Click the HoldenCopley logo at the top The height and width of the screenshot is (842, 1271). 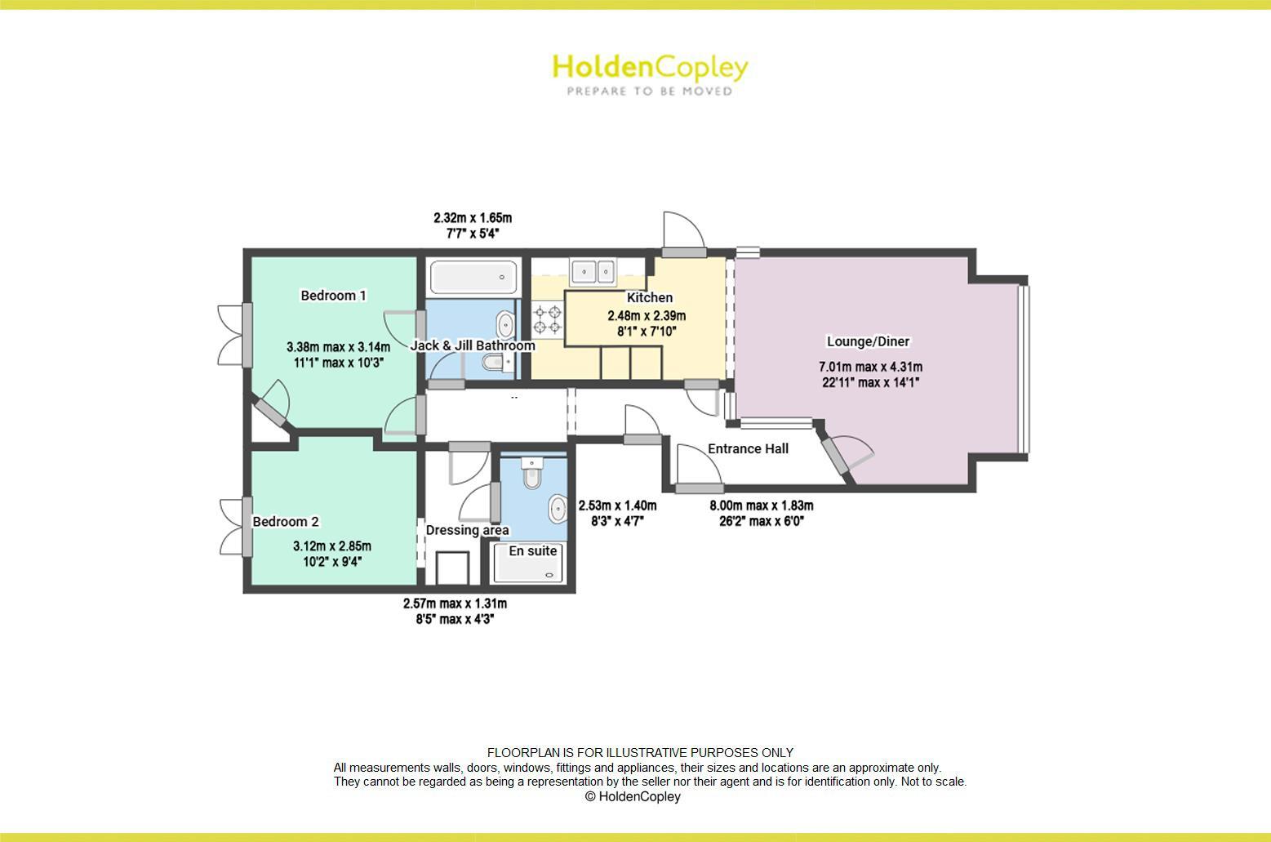(650, 67)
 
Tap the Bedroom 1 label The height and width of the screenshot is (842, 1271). (333, 296)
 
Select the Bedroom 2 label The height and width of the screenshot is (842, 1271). (286, 522)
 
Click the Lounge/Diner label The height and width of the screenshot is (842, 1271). (868, 341)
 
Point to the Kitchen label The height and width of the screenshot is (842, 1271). (650, 298)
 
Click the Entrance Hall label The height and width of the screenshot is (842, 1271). (748, 448)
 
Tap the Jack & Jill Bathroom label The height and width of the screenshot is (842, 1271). (473, 345)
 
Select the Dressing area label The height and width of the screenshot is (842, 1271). (467, 530)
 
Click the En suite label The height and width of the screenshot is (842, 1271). (533, 551)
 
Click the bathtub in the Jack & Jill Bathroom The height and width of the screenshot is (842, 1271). (473, 278)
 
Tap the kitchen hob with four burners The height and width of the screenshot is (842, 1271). (548, 319)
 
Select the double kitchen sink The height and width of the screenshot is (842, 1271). (593, 270)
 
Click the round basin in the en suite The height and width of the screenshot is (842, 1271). (558, 509)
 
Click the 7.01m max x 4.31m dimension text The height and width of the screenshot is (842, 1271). (870, 368)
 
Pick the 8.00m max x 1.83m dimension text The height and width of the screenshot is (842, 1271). (761, 506)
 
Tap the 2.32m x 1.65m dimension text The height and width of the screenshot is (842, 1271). (473, 218)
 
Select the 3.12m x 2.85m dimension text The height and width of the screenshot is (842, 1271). (332, 546)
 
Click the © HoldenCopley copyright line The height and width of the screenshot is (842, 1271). (633, 796)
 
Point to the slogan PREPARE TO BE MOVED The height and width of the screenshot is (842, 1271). (650, 91)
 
